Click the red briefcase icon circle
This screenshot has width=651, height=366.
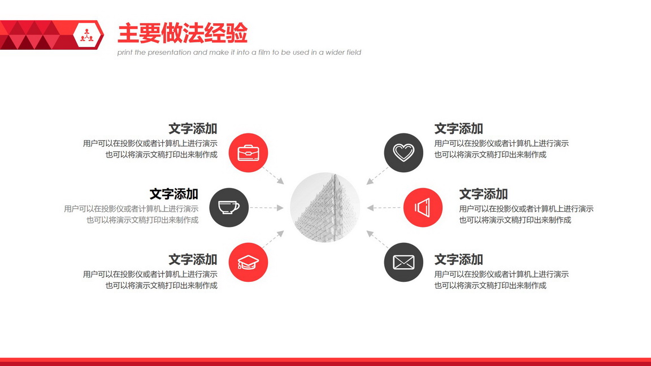[248, 152]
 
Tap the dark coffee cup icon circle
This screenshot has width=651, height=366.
[229, 207]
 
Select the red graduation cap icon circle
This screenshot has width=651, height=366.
[248, 262]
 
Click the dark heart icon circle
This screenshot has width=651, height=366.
[403, 152]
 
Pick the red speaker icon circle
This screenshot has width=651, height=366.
[423, 207]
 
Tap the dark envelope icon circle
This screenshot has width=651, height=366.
[403, 262]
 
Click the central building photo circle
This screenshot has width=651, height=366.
[325, 207]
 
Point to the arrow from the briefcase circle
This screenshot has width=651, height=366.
[273, 176]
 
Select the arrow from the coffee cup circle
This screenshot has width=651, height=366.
[267, 207]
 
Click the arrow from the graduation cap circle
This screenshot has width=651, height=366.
[273, 239]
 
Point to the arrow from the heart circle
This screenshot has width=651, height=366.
[377, 176]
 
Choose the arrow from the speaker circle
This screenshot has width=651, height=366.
[384, 207]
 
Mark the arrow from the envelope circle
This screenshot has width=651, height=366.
[377, 239]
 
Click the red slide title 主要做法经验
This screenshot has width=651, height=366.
[183, 33]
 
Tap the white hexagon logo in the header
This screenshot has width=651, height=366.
[88, 35]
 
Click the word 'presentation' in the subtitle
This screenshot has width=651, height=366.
[170, 53]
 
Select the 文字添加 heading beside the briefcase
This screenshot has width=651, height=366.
[193, 129]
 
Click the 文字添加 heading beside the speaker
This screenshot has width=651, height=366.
[483, 194]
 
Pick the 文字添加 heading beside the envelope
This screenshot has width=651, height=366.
[458, 259]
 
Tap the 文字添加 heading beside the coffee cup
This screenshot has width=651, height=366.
[173, 194]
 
